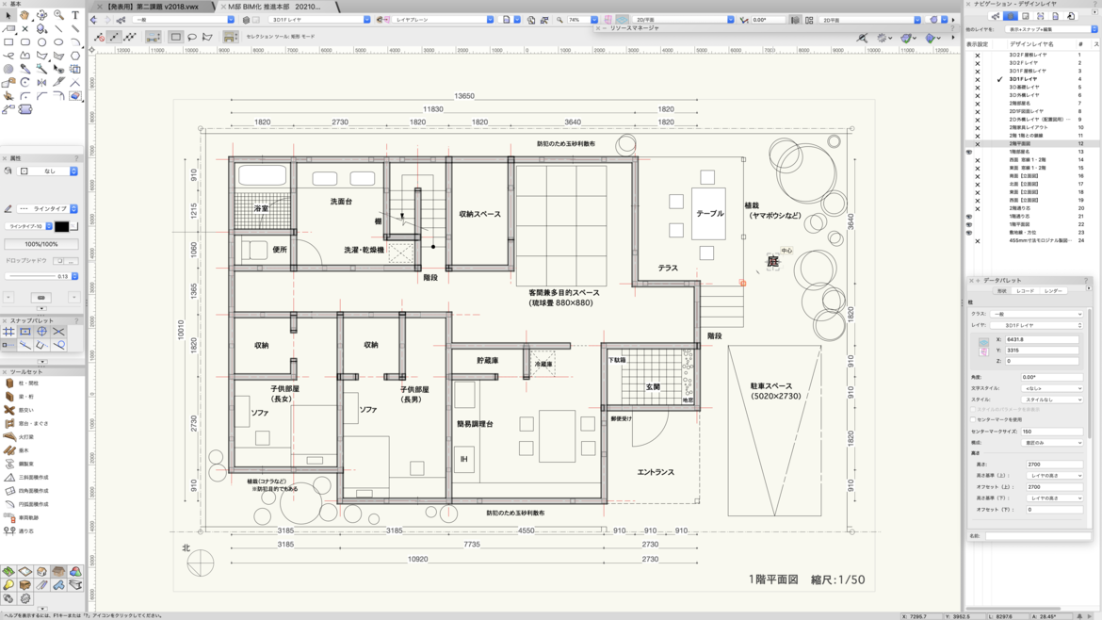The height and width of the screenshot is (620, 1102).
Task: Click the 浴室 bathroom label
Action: pyautogui.click(x=261, y=208)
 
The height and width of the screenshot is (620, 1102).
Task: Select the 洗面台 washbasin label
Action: pyautogui.click(x=341, y=202)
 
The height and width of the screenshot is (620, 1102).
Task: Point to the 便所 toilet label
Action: pyautogui.click(x=280, y=250)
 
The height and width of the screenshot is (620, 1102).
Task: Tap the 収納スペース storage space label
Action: pyautogui.click(x=479, y=214)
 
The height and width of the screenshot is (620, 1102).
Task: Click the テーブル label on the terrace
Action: pyautogui.click(x=709, y=214)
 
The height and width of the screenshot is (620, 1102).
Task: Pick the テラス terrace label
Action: pyautogui.click(x=668, y=269)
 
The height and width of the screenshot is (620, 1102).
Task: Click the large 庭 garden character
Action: pyautogui.click(x=772, y=262)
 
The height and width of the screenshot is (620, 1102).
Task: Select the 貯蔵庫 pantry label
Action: pyautogui.click(x=487, y=361)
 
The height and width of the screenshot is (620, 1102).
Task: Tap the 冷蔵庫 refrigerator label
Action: pyautogui.click(x=543, y=365)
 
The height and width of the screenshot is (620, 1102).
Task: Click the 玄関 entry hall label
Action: pyautogui.click(x=653, y=387)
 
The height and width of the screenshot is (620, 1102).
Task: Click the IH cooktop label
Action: pyautogui.click(x=463, y=460)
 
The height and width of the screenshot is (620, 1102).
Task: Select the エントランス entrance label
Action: pyautogui.click(x=656, y=472)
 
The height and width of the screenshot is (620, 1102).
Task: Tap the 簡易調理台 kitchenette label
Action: pyautogui.click(x=475, y=424)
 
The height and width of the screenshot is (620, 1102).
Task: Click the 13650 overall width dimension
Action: pyautogui.click(x=464, y=96)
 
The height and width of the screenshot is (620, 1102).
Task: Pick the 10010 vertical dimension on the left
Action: pyautogui.click(x=181, y=330)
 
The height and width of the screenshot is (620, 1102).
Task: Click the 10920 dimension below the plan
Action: pyautogui.click(x=417, y=559)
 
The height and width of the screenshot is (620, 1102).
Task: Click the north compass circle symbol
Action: pyautogui.click(x=200, y=563)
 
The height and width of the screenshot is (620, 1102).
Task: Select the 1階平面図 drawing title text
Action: pyautogui.click(x=773, y=579)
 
